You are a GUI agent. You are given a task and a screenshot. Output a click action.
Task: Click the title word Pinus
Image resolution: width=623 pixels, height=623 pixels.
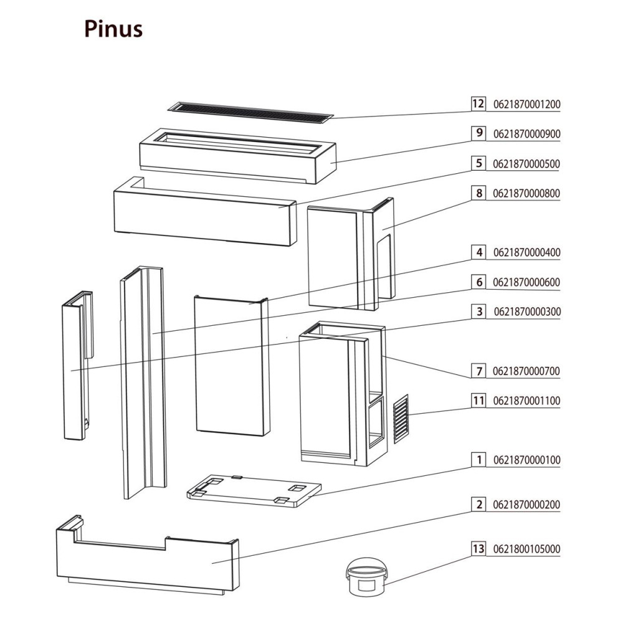point(113,29)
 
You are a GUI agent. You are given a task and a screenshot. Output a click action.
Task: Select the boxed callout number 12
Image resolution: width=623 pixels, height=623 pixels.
point(478,103)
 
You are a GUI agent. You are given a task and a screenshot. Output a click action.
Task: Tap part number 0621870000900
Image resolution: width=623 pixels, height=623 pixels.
point(526,133)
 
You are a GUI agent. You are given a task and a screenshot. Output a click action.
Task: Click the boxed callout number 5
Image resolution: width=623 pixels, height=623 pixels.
point(478,164)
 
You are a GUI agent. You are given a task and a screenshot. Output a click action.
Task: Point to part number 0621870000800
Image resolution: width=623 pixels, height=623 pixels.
point(526,193)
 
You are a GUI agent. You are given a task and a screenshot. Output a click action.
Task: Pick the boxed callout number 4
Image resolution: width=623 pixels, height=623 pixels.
point(478,252)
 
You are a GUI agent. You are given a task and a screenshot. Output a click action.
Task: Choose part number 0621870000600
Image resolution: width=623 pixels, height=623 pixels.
point(526,282)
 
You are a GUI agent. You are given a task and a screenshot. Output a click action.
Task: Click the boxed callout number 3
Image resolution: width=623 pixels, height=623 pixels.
point(478,311)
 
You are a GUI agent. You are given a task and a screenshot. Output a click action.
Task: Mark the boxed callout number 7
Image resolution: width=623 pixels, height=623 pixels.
point(478,371)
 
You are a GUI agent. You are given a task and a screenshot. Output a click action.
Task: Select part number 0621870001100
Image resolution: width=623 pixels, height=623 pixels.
point(526,401)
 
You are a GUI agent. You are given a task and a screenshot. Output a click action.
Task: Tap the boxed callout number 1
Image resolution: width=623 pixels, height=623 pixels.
point(478,460)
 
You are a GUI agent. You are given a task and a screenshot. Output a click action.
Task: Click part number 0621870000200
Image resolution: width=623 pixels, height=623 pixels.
point(526,505)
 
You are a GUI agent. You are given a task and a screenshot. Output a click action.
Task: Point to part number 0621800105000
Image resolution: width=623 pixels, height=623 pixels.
point(526,549)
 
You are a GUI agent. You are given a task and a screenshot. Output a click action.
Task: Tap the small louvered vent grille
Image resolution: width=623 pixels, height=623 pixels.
point(401,418)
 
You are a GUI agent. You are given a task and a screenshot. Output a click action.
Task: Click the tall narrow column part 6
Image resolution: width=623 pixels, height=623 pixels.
point(144,380)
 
